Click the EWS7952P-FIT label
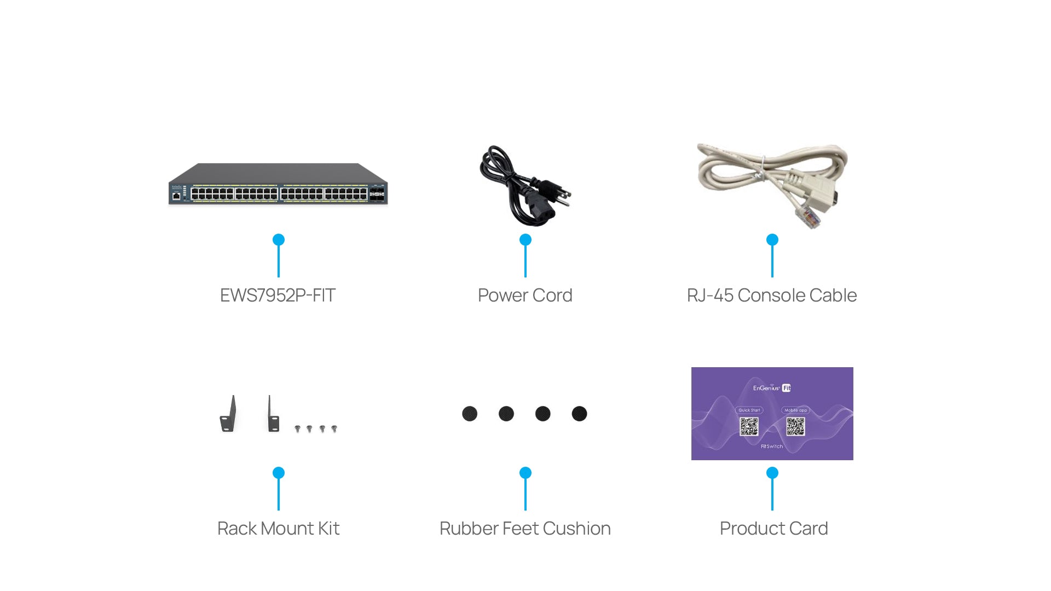click(278, 296)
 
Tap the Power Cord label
click(525, 296)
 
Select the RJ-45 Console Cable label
click(772, 296)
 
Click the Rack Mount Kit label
click(278, 529)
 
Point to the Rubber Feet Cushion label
click(525, 529)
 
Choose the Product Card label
click(773, 529)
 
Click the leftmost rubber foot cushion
click(470, 414)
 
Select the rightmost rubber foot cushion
click(579, 414)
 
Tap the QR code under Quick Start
click(749, 427)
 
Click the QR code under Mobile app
click(795, 427)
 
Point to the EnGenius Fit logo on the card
click(772, 388)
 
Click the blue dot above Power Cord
click(525, 240)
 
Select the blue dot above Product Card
click(772, 473)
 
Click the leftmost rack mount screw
click(297, 429)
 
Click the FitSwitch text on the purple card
click(772, 447)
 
